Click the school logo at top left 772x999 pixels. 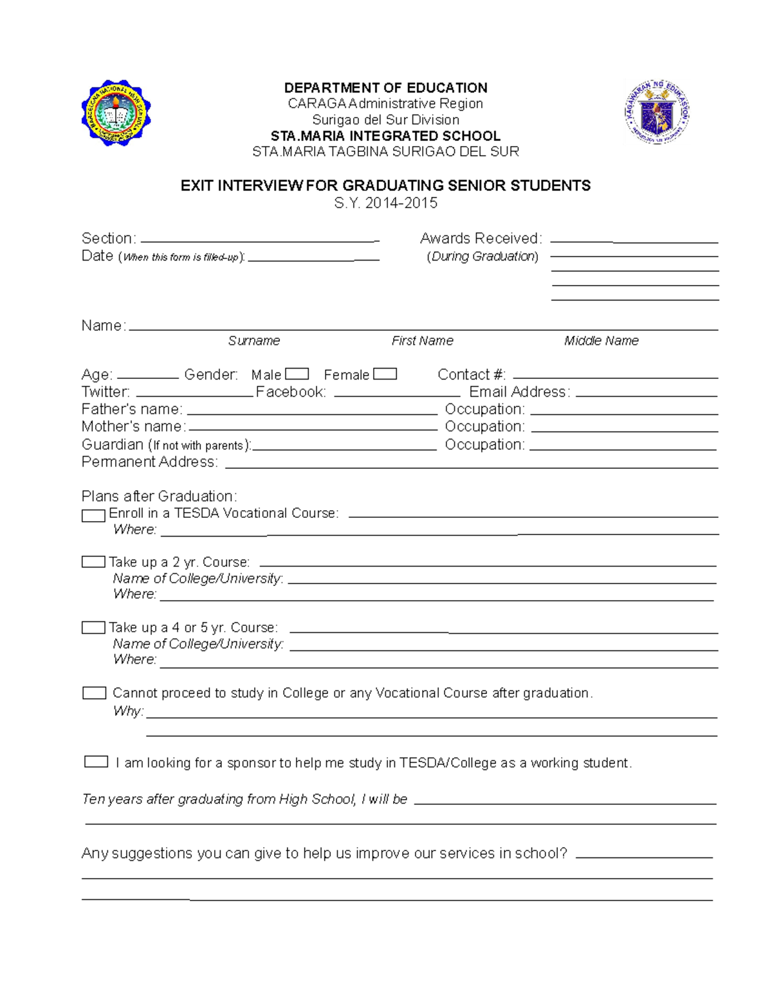coord(116,113)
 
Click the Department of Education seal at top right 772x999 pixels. coord(657,112)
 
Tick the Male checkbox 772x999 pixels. coord(297,374)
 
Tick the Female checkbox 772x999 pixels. coord(385,374)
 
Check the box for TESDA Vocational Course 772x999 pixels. coord(93,515)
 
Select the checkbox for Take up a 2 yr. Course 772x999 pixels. coord(93,562)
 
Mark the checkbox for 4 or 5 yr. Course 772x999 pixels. coord(93,627)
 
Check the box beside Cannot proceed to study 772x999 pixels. coord(94,693)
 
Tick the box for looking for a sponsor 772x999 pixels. coord(96,762)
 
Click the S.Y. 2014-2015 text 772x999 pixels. coord(385,203)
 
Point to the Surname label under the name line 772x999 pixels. coord(253,341)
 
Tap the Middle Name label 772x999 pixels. coord(601,341)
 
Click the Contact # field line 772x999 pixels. coord(615,377)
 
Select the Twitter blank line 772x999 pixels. coord(194,394)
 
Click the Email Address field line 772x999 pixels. coord(646,394)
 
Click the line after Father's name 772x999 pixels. coord(311,412)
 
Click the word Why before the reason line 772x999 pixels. coord(127,711)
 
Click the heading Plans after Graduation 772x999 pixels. coord(159,496)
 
